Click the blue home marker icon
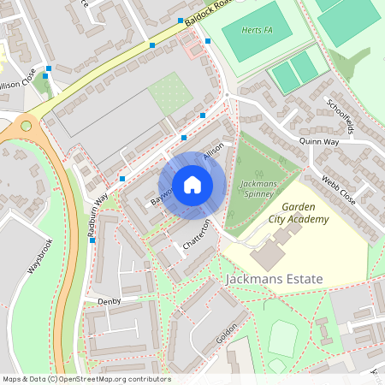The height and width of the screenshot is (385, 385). [x=192, y=185]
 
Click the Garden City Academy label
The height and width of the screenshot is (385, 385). [x=299, y=213]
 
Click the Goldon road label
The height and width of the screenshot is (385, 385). [x=227, y=329]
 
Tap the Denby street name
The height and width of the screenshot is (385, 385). [x=110, y=301]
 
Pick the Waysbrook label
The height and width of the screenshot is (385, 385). [x=39, y=255]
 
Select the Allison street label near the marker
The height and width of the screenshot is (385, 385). [x=212, y=152]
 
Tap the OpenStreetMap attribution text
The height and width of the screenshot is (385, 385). [x=86, y=379]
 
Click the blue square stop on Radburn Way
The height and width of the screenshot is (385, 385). [x=92, y=240]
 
